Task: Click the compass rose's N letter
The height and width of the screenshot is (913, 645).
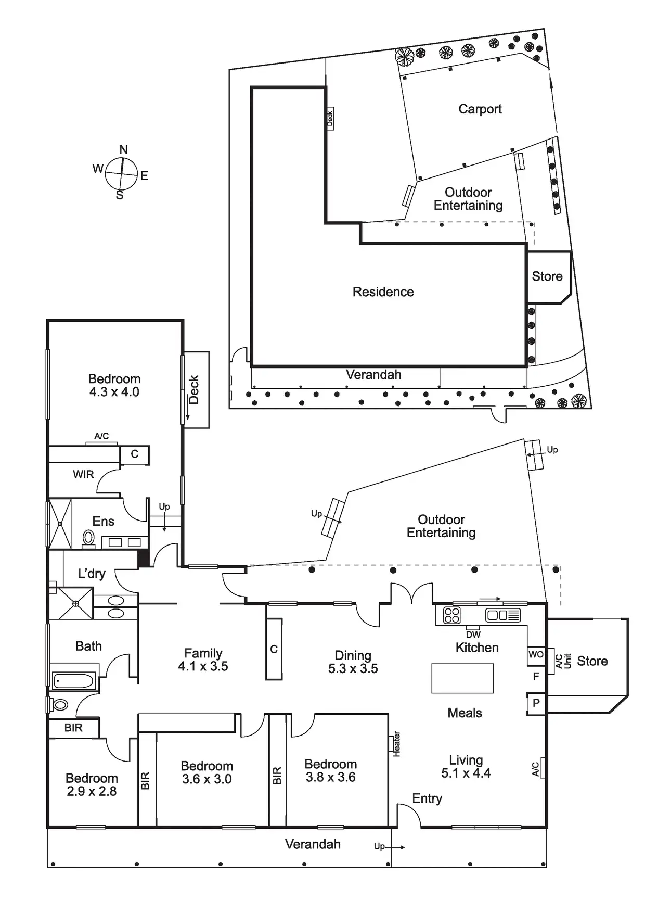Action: tap(123, 150)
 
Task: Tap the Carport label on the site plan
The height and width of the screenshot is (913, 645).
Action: tap(480, 109)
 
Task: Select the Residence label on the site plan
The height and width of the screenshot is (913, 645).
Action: tap(383, 292)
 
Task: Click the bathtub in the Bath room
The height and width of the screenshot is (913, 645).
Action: tap(74, 680)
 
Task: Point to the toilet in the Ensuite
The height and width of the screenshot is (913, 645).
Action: tap(88, 537)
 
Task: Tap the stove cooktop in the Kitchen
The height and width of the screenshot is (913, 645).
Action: tap(451, 615)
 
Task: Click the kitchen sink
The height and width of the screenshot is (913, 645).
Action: tap(502, 615)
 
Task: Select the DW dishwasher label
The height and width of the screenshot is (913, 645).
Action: tap(473, 635)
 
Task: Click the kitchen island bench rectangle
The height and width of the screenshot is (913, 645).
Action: tap(462, 678)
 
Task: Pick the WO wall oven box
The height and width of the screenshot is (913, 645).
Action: tap(536, 655)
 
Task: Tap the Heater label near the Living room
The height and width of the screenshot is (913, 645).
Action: tap(396, 744)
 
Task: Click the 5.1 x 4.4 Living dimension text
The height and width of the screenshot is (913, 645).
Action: tap(466, 773)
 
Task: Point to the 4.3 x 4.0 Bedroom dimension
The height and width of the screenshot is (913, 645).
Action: tap(114, 392)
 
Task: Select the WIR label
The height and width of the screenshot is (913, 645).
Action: tap(83, 475)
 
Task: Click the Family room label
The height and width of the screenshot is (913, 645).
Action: tap(203, 653)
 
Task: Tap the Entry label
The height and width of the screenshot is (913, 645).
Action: tap(427, 798)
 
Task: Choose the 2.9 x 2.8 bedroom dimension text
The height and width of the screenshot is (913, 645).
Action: tap(92, 791)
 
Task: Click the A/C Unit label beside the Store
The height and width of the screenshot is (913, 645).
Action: tap(563, 661)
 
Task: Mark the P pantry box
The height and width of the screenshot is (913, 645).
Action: tap(536, 703)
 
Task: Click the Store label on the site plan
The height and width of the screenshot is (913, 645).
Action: tap(547, 276)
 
